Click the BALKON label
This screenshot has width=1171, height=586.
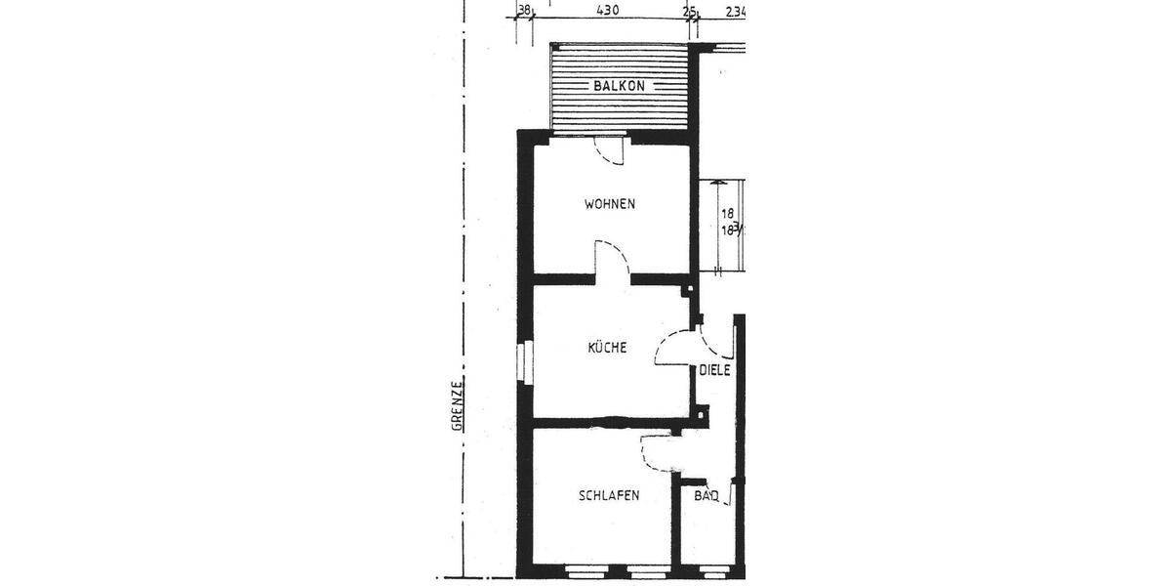coord(619,86)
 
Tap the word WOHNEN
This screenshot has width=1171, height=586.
coord(610,204)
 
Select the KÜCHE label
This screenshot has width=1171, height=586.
coord(607,347)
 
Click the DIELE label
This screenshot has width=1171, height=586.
coord(715,370)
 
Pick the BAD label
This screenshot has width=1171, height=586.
coord(707,496)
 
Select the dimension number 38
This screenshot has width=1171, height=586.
coord(523,11)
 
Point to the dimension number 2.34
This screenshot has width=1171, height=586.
coord(736,12)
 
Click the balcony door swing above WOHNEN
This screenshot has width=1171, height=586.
coord(612,152)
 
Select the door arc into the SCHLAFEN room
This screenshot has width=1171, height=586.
coord(656,451)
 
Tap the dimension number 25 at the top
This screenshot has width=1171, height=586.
coord(690,12)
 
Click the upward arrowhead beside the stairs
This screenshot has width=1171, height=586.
coord(718,184)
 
